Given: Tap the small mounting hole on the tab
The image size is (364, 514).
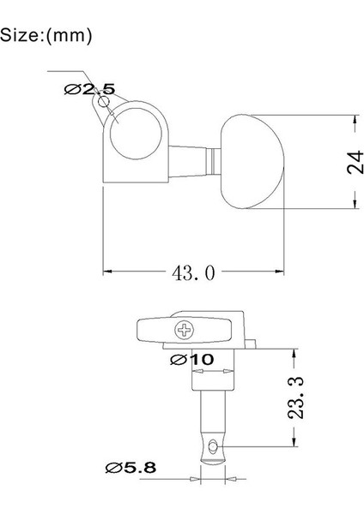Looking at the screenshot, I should tap(105, 102).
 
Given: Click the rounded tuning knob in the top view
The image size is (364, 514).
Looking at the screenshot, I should tap(252, 160).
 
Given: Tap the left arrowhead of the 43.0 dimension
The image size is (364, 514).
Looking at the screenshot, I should tap(107, 272).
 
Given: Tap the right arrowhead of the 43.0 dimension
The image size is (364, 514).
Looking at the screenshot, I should tap(282, 272).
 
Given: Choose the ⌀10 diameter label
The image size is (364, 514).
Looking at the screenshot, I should tap(192, 359).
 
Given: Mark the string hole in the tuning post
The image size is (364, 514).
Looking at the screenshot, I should tap(212, 445).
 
